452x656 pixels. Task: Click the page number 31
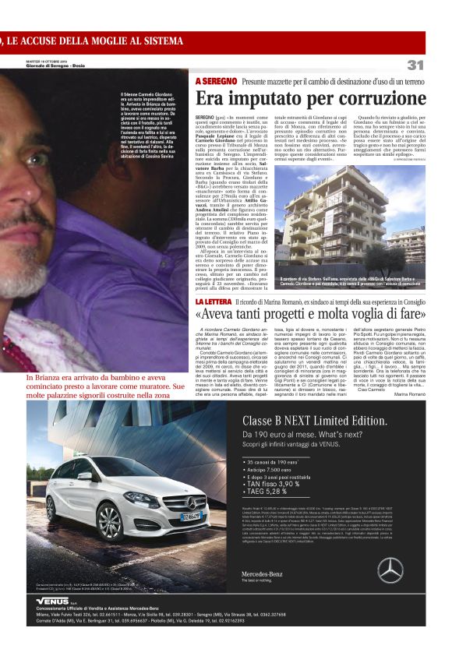tap(415, 65)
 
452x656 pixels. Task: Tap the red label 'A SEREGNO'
tap(216, 81)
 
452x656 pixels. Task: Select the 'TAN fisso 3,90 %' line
tap(273, 483)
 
